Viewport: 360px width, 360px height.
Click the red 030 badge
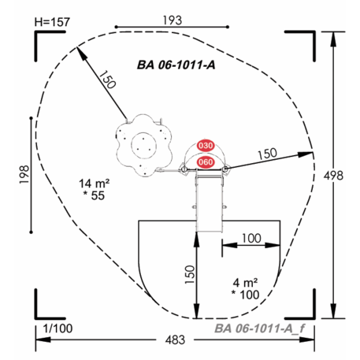coord(206,146)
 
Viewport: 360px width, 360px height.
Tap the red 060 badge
coord(206,162)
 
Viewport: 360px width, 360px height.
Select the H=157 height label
coord(52,22)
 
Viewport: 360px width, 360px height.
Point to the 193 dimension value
coord(173,20)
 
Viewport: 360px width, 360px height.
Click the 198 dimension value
coord(24,175)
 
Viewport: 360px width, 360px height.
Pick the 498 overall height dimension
coord(333,176)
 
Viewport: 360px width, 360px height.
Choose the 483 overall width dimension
coord(175,340)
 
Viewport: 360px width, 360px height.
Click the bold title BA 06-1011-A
coord(176,65)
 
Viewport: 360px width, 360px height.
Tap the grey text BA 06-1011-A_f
coord(260,328)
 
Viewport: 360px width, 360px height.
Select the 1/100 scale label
coord(58,328)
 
